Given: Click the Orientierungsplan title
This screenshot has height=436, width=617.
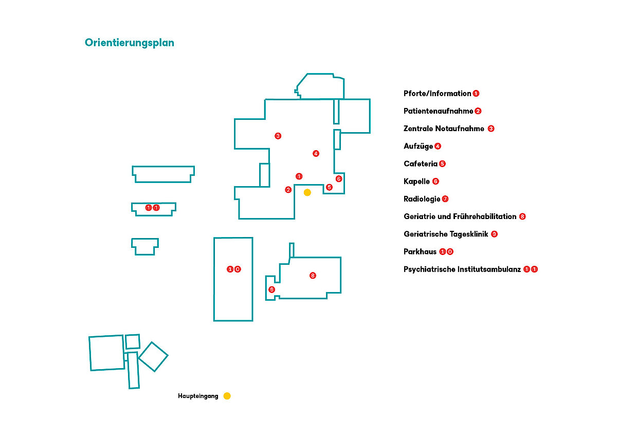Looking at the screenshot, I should [130, 43].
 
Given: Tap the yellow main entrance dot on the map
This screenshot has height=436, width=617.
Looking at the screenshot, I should [307, 192].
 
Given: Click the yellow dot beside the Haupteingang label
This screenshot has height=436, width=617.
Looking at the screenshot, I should [227, 396].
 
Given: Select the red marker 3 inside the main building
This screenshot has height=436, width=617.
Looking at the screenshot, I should [278, 136].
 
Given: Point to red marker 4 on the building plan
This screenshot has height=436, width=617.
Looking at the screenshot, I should [316, 153].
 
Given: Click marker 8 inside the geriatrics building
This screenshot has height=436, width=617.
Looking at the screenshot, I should [313, 276].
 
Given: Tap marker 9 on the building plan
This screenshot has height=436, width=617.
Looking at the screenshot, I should [272, 289].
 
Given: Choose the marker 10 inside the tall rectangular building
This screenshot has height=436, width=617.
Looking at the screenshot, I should [233, 269].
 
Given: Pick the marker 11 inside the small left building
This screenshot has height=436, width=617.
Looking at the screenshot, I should [152, 208].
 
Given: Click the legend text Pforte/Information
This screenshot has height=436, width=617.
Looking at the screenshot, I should [437, 94].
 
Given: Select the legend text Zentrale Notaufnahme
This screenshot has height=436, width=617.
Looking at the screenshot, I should [444, 129].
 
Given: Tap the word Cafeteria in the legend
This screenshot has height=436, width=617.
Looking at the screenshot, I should [421, 164].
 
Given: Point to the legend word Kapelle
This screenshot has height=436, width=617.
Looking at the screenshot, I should [416, 181].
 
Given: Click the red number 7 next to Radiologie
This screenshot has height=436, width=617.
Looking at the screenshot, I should [445, 199].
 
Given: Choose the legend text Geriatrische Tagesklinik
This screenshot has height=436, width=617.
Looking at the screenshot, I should [446, 234].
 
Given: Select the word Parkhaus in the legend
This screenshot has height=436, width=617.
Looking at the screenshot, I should [420, 252].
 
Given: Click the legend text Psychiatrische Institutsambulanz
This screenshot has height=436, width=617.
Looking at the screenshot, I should [462, 269].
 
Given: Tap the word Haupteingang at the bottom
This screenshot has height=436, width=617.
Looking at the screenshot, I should [198, 396].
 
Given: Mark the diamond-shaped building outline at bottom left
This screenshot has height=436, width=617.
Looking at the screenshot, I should [153, 357].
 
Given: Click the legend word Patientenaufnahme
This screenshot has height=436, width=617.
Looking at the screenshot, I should [438, 111].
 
